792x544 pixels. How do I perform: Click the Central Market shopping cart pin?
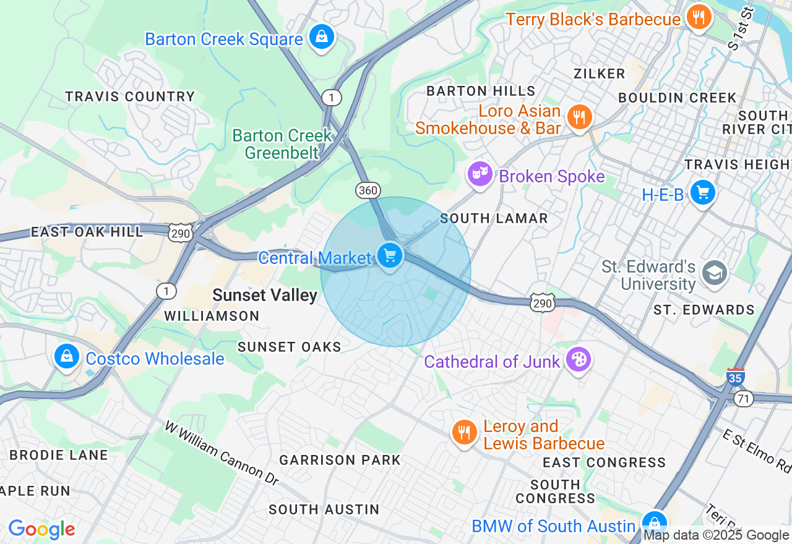tap(389, 255)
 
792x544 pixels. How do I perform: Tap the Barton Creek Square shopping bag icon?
tap(322, 36)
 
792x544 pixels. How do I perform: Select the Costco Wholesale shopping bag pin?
tap(66, 356)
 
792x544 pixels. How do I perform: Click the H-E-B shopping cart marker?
tap(702, 192)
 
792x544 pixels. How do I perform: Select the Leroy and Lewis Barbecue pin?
tap(464, 432)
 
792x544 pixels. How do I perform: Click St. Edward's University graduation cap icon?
tap(715, 273)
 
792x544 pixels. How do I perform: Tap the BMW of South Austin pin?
tap(654, 523)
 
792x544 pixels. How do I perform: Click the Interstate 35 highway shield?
tap(735, 378)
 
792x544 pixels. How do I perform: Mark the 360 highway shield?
tap(368, 190)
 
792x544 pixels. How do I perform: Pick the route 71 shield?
tap(744, 399)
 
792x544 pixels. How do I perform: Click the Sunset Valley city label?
tap(265, 295)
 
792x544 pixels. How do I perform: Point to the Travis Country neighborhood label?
tap(130, 96)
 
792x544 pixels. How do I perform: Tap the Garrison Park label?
tap(340, 460)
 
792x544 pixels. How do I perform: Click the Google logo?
tap(41, 529)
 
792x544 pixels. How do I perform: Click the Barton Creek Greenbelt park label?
tap(282, 143)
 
